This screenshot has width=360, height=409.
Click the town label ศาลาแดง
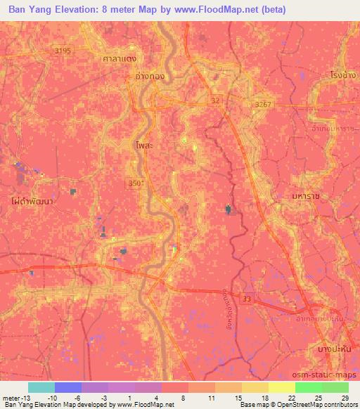(118, 58)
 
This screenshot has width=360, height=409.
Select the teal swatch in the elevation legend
(41, 387)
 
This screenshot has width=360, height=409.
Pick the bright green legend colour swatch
(308, 387)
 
